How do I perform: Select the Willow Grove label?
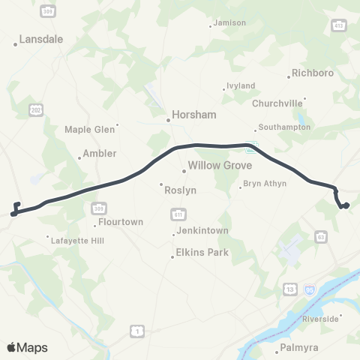pyautogui.click(x=220, y=165)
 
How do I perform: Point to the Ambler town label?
pyautogui.click(x=100, y=153)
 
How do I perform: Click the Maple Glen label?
pyautogui.click(x=90, y=129)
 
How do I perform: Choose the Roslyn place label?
pyautogui.click(x=182, y=190)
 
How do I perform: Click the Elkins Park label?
pyautogui.click(x=202, y=252)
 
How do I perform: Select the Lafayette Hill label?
pyautogui.click(x=76, y=241)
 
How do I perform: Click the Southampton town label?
pyautogui.click(x=283, y=127)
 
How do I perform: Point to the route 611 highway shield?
pyautogui.click(x=174, y=214)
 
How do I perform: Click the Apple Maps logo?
pyautogui.click(x=27, y=346)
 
